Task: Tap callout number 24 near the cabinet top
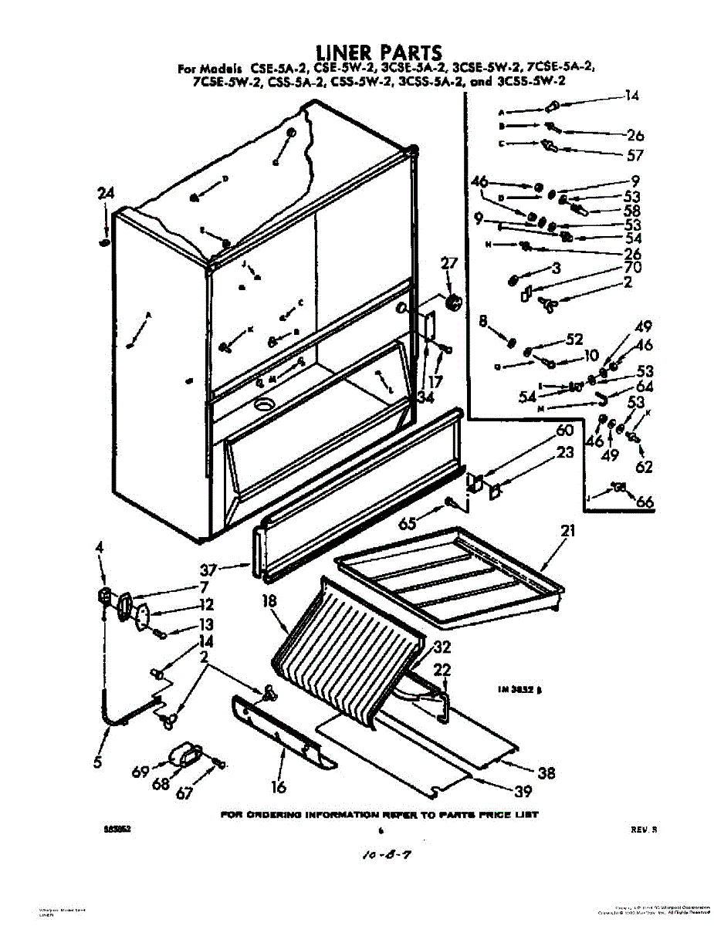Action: (x=105, y=194)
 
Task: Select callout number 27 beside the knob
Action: (x=448, y=264)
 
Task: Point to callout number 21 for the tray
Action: (x=568, y=531)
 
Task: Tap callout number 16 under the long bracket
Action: (x=279, y=787)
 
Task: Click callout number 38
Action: (x=546, y=772)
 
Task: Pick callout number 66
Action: (x=645, y=503)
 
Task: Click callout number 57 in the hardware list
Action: (x=634, y=154)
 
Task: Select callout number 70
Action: (x=633, y=268)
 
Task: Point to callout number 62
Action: (x=643, y=466)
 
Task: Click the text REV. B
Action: (x=642, y=830)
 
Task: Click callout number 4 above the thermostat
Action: (x=99, y=548)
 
